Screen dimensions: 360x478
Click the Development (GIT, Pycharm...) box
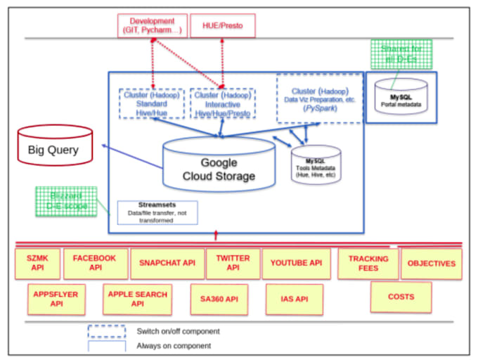(153, 25)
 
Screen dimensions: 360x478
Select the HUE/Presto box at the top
(222, 25)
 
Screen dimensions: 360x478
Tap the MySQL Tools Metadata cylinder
(315, 165)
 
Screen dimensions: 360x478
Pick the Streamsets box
(157, 211)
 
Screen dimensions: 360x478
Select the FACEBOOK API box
(96, 264)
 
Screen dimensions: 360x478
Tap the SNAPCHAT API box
(167, 264)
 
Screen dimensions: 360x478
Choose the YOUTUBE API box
(296, 264)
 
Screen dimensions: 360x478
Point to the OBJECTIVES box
(431, 264)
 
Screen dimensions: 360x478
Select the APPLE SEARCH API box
(137, 299)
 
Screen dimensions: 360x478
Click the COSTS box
(401, 297)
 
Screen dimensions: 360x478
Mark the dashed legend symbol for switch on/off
(106, 330)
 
